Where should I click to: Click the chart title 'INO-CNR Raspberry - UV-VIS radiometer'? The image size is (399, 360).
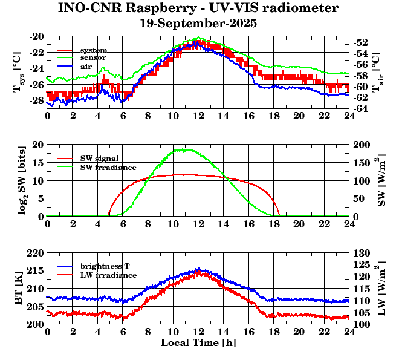pos(198,8)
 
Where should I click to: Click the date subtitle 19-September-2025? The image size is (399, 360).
pos(198,24)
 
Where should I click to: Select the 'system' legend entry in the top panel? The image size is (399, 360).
pos(93,50)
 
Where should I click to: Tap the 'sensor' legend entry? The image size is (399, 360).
pos(93,57)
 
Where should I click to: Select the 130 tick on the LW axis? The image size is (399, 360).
pos(361,253)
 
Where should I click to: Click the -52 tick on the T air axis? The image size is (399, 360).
pos(361,42)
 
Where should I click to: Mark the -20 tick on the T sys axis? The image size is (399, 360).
pos(36,36)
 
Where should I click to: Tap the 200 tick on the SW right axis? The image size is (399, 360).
pos(361,145)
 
